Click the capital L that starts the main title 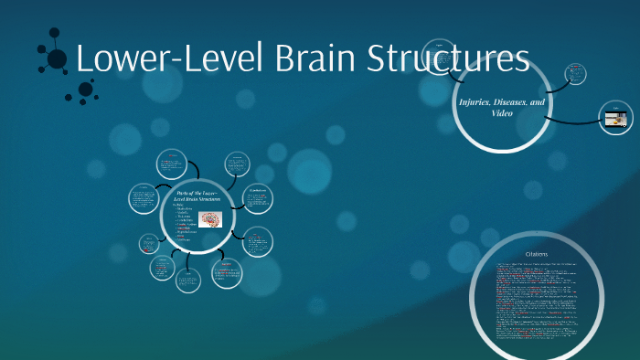(x=85, y=59)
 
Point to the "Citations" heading (x=537, y=253)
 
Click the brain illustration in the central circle (x=210, y=220)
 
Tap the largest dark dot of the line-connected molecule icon (x=57, y=59)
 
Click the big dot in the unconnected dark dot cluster (x=86, y=89)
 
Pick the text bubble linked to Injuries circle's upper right (x=575, y=72)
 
